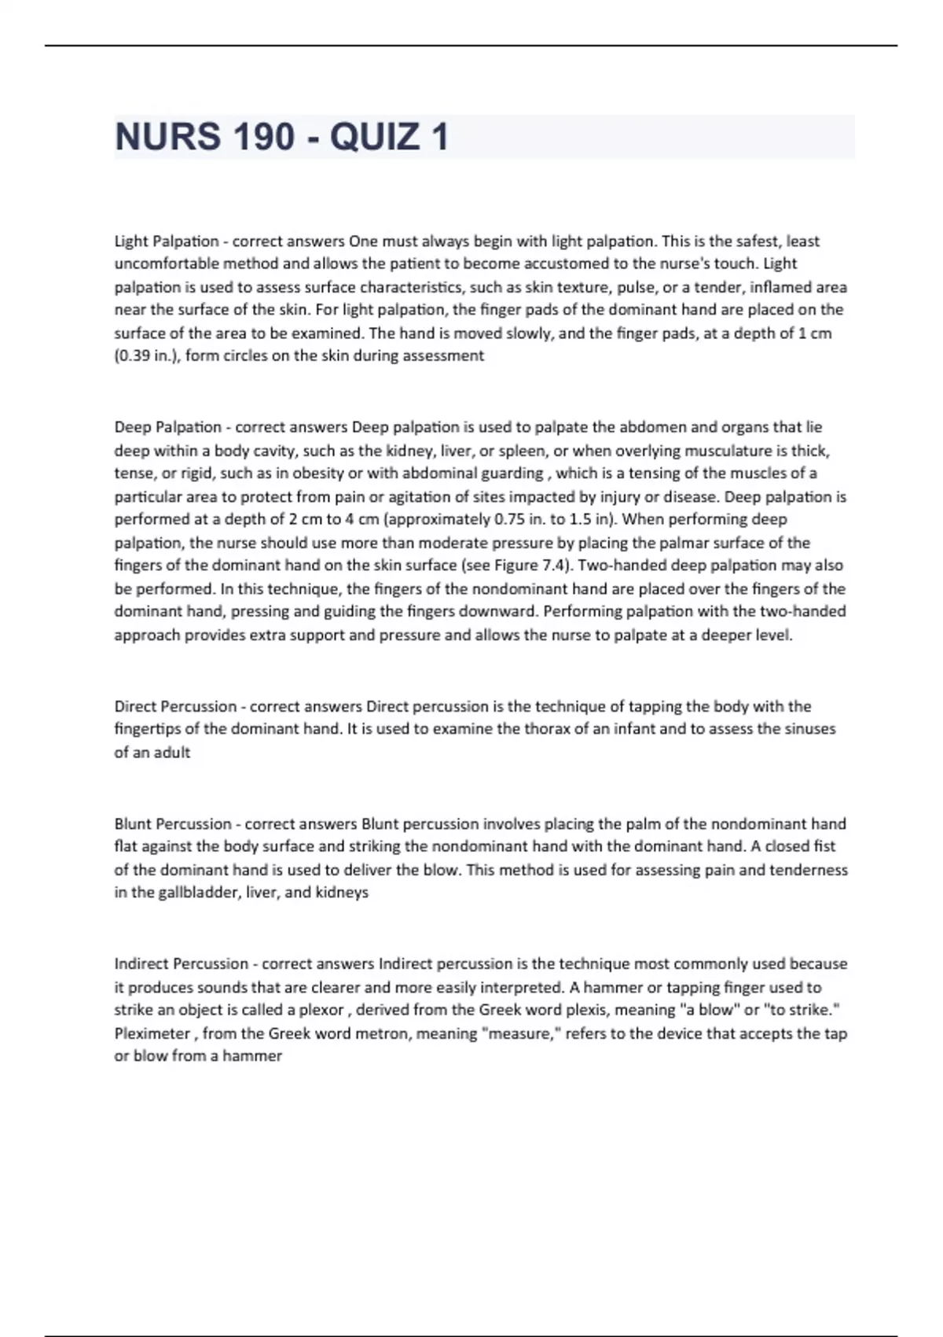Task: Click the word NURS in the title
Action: tap(167, 137)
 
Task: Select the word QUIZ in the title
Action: tap(375, 137)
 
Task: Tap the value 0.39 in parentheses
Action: tap(133, 356)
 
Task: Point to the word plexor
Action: tap(321, 1011)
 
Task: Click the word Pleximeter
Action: tap(152, 1034)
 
